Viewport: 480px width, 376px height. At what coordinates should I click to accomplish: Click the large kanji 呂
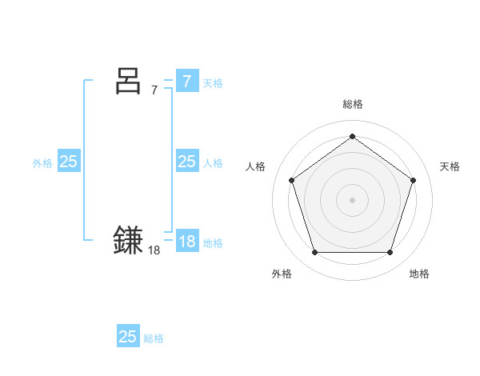click(129, 81)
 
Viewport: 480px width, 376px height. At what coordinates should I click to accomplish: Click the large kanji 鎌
click(129, 241)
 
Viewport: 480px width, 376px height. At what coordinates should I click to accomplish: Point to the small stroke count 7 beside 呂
click(154, 90)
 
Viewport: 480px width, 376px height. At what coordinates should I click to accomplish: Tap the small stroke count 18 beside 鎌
click(154, 250)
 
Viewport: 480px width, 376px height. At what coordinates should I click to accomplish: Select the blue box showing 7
click(186, 81)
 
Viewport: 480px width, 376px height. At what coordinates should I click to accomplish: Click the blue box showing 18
click(186, 241)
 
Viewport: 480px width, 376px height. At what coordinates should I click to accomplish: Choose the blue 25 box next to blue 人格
click(186, 162)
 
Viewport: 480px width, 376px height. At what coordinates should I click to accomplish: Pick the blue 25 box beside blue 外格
click(69, 162)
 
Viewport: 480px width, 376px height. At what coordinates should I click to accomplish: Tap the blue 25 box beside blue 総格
click(128, 337)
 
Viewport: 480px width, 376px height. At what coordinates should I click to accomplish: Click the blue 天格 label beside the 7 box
click(213, 82)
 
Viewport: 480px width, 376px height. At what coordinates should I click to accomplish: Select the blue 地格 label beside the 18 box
click(213, 242)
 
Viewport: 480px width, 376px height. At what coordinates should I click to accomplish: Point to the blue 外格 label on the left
click(42, 162)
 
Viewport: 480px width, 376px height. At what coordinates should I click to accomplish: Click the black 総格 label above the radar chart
click(352, 104)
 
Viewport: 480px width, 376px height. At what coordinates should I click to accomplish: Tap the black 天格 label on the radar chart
click(450, 166)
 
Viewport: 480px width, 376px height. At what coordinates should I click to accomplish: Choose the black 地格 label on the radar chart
click(419, 274)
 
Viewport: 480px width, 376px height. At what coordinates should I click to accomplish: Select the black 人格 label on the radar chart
click(255, 166)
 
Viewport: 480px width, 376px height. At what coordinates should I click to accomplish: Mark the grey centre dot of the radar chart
click(352, 199)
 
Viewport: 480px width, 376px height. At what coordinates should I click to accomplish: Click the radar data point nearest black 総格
click(352, 137)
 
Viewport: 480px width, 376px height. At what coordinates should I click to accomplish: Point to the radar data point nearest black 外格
click(314, 253)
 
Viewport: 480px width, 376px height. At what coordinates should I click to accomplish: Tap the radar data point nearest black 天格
click(413, 180)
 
